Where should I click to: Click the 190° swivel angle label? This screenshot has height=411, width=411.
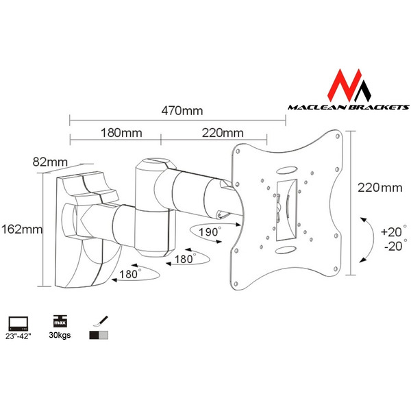pos(210,232)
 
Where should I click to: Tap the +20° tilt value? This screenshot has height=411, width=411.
pos(393,232)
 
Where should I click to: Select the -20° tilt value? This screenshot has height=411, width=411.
pos(393,245)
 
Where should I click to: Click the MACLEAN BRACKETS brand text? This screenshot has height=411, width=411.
pos(348,107)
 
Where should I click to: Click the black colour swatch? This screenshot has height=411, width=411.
pos(93,336)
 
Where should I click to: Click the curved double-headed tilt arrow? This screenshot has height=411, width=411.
pos(366,240)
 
